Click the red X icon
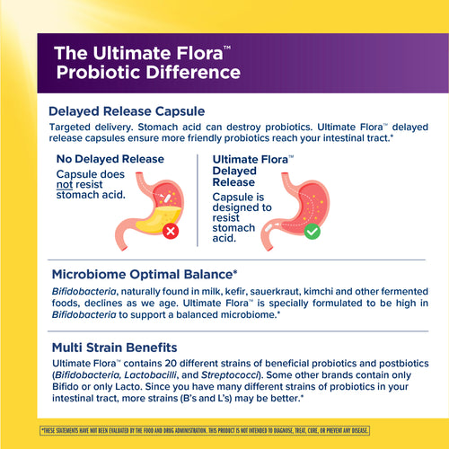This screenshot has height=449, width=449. [x=171, y=231]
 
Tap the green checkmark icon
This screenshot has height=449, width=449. [x=312, y=231]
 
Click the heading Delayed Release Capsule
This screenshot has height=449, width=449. [x=128, y=112]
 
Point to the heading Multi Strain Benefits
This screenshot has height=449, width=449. [x=114, y=347]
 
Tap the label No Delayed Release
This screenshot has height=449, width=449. [x=110, y=159]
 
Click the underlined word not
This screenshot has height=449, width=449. [x=66, y=184]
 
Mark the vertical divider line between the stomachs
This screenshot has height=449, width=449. [x=198, y=202]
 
